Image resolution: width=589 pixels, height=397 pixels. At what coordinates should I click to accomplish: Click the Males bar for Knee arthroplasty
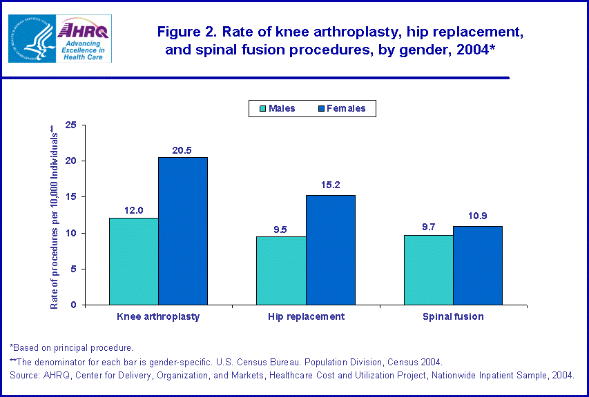click(x=133, y=261)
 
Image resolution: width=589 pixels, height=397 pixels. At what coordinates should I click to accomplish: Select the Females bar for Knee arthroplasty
click(x=182, y=231)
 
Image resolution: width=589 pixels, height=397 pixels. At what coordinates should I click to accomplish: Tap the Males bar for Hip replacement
click(x=281, y=270)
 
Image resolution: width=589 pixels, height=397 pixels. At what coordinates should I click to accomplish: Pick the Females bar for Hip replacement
click(x=330, y=250)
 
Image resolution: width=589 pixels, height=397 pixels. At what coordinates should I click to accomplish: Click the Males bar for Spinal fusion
click(x=428, y=269)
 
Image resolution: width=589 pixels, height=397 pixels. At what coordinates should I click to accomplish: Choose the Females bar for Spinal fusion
click(x=477, y=265)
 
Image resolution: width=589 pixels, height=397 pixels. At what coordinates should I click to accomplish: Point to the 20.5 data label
click(x=182, y=150)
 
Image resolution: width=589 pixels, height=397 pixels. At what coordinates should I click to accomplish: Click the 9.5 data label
click(x=281, y=230)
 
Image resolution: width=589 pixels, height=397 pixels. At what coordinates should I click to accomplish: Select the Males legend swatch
click(x=262, y=108)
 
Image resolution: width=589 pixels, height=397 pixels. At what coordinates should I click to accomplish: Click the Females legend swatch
click(x=322, y=108)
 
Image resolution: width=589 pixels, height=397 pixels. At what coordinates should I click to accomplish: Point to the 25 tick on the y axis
click(x=70, y=125)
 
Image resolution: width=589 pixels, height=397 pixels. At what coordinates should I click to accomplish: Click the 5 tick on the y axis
click(x=73, y=269)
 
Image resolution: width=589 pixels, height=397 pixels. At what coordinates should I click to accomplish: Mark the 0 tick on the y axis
click(x=73, y=305)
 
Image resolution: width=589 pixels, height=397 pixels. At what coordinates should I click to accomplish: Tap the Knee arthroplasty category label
click(x=158, y=317)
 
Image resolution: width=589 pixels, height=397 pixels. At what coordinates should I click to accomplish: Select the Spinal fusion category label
click(x=453, y=317)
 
